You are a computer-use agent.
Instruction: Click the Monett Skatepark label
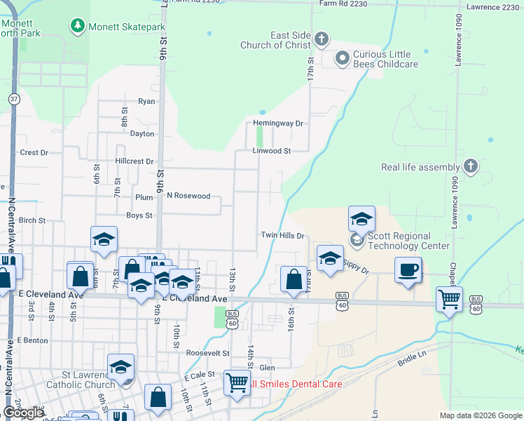point(127,27)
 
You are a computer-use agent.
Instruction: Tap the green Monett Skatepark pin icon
point(77,27)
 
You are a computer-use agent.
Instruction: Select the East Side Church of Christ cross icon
point(322,39)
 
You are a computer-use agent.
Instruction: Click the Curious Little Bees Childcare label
point(385,59)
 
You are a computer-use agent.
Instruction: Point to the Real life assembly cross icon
point(471,167)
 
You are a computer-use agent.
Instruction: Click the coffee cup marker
point(408,269)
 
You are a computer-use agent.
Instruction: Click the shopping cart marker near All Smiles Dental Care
point(237,382)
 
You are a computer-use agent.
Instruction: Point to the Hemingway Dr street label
point(278,123)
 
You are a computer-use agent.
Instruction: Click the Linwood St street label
point(272,151)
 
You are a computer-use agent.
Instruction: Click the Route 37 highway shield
point(14,99)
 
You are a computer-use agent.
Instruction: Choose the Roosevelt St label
point(207,353)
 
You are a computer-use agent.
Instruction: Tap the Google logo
point(23,413)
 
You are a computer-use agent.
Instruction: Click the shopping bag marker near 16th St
point(293,279)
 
